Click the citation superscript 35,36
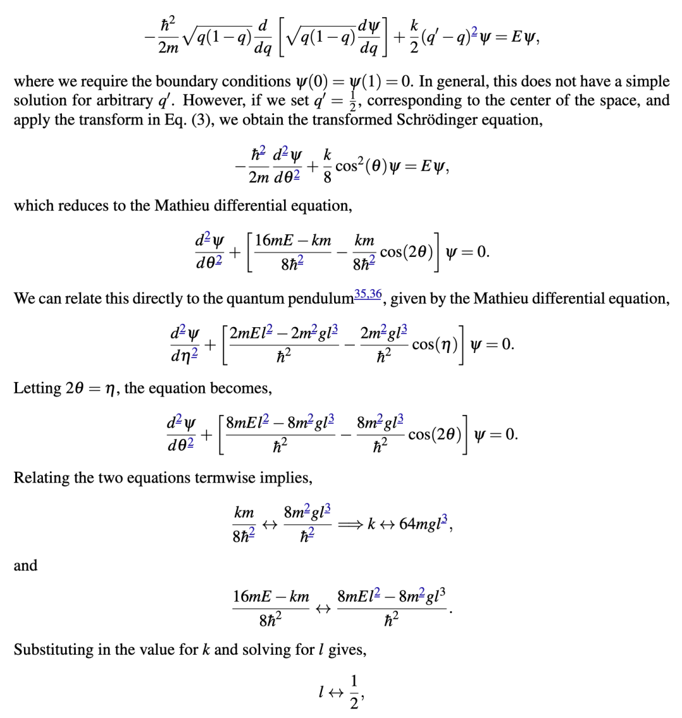pos(368,293)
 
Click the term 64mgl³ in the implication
pos(425,524)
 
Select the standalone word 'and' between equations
pos(25,565)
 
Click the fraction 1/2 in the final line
pos(355,693)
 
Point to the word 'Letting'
pos(37,388)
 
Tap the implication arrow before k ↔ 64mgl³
pos(351,524)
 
